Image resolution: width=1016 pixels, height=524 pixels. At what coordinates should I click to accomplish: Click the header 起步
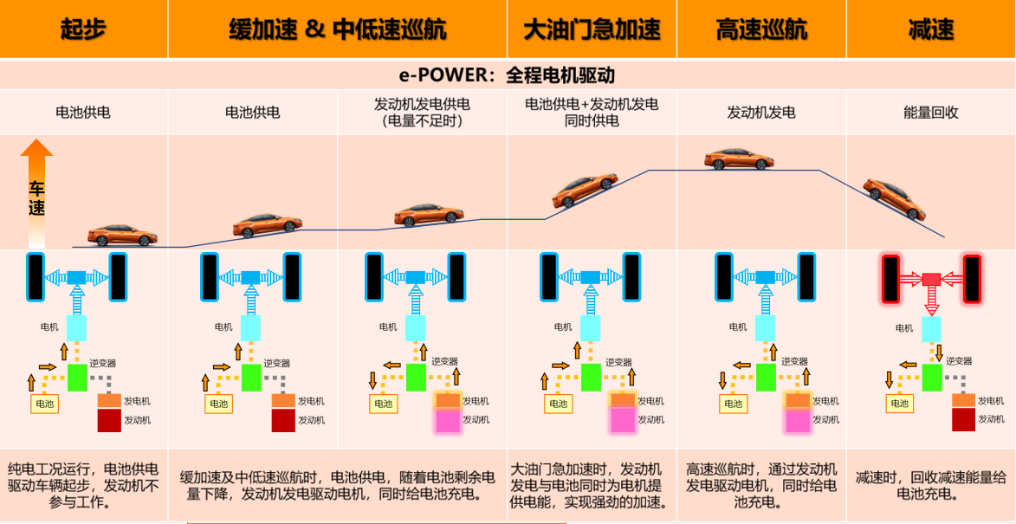pos(82,29)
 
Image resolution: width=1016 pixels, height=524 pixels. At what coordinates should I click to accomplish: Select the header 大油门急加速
pos(592,29)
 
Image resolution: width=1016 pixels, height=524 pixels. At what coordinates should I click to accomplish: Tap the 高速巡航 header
pos(761,29)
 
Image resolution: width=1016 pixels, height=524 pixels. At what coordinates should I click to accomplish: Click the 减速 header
pos(931,29)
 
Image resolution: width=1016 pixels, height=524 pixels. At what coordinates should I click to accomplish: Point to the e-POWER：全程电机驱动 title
pos(508,75)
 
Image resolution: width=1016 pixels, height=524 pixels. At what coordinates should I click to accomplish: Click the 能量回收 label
pos(931,112)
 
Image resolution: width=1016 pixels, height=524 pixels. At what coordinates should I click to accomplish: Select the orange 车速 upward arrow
pos(37,193)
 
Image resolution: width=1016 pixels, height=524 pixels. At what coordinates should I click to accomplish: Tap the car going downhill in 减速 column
pos(894,198)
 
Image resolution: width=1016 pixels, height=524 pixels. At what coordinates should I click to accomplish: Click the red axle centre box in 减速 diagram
pos(931,279)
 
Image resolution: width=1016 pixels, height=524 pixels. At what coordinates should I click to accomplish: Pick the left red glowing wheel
pos(891,279)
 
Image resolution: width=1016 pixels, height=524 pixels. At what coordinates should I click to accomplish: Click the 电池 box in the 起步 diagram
pos(44,404)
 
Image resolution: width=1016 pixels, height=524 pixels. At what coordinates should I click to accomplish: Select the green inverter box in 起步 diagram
pos(77,377)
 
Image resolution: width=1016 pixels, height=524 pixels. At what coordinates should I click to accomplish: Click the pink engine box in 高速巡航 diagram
pos(797,420)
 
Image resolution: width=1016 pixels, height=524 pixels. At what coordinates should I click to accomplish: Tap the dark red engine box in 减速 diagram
pos(963,420)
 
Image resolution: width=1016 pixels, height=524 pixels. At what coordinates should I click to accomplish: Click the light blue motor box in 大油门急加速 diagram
pos(591,328)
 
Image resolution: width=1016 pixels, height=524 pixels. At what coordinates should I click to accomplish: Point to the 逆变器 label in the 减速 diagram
pos(958,361)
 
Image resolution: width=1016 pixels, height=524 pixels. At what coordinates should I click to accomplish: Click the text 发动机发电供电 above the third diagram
pos(422,104)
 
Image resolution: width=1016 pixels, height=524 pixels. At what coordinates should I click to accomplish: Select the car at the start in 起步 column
pos(122,236)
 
